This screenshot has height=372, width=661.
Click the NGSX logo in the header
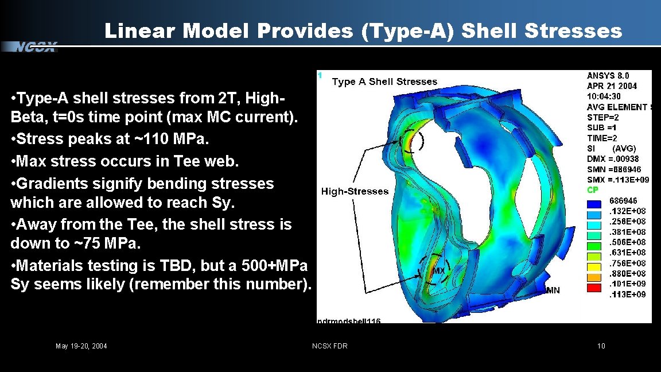pyautogui.click(x=36, y=47)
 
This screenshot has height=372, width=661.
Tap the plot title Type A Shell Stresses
pyautogui.click(x=384, y=82)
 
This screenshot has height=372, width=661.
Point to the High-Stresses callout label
pyautogui.click(x=355, y=191)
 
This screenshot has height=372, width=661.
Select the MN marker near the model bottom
pyautogui.click(x=553, y=290)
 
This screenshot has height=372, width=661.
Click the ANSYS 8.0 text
pyautogui.click(x=608, y=75)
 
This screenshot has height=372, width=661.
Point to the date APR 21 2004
pyautogui.click(x=612, y=86)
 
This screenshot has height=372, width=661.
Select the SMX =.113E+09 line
pyautogui.click(x=617, y=180)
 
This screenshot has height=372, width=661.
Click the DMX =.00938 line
pyautogui.click(x=613, y=159)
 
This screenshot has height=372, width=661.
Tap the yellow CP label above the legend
pyautogui.click(x=593, y=190)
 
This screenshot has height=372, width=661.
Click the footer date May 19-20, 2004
pyautogui.click(x=81, y=346)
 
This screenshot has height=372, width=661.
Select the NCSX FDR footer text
pyautogui.click(x=329, y=346)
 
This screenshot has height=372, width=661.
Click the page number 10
pyautogui.click(x=601, y=346)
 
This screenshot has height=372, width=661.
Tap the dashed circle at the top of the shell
pyautogui.click(x=412, y=141)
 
